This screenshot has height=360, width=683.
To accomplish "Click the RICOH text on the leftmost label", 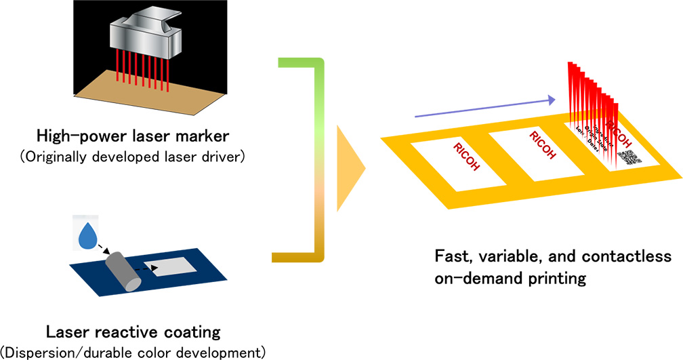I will point(466,158).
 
